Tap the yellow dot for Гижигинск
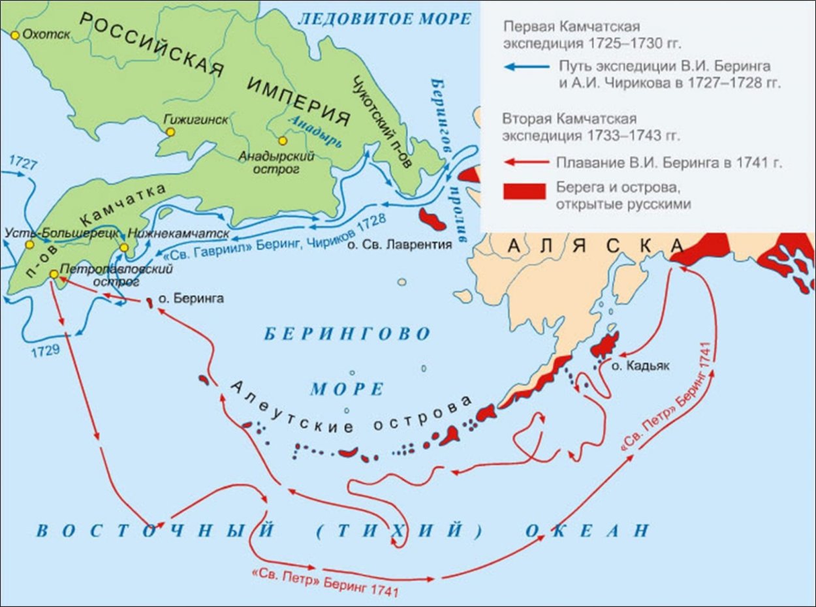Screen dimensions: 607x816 click(170, 132)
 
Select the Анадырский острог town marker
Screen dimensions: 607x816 click(282, 141)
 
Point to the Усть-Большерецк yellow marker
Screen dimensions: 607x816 click(29, 244)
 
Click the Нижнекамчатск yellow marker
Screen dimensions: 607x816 click(124, 247)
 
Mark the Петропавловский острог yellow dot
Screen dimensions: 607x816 click(54, 274)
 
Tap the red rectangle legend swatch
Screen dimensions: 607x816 click(524, 191)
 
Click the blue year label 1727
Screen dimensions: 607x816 click(23, 163)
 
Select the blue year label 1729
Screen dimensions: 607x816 click(45, 350)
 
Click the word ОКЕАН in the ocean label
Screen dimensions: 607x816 click(588, 530)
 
